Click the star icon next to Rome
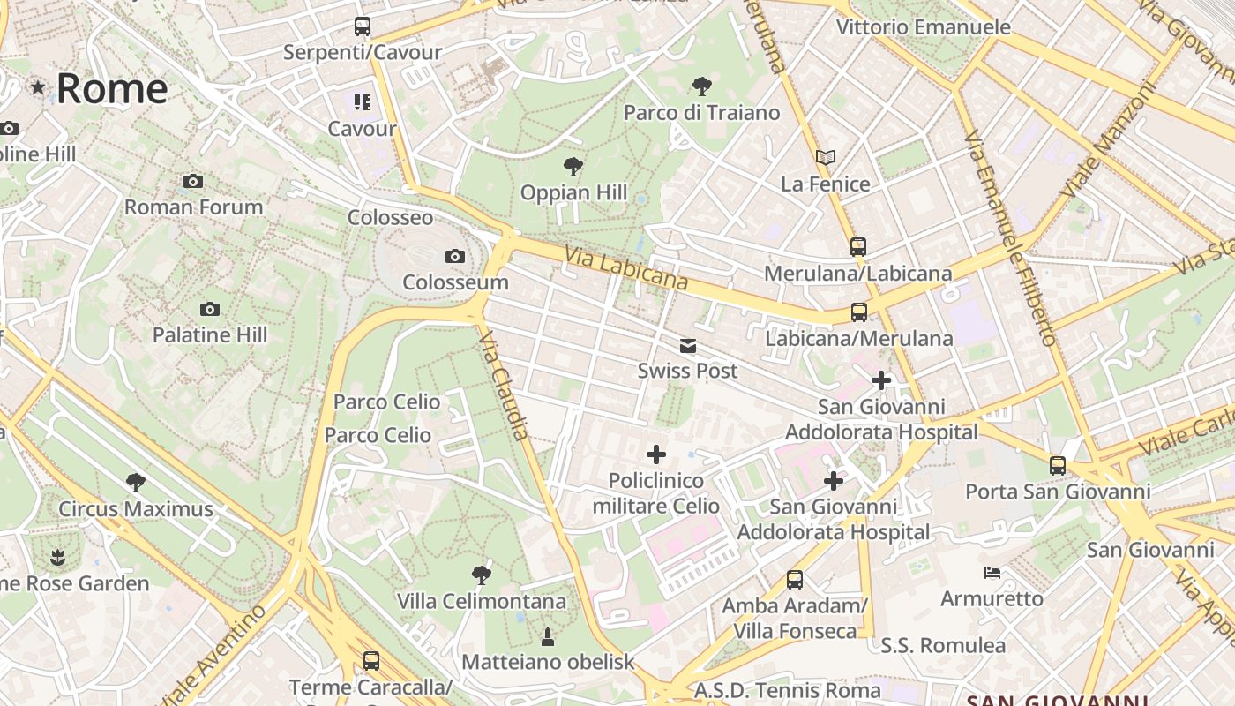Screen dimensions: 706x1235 (38, 87)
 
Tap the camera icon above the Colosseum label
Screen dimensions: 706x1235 (455, 257)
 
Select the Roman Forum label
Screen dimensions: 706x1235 (193, 207)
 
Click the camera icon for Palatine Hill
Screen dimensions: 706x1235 (209, 309)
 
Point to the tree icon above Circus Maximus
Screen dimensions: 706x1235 (136, 483)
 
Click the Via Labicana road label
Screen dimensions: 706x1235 (625, 267)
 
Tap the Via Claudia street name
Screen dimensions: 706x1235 (505, 386)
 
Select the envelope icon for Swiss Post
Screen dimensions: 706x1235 (688, 346)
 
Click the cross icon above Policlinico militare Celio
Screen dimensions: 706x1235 (656, 454)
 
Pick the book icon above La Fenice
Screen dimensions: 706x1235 (826, 158)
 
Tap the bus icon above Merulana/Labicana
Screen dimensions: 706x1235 (858, 247)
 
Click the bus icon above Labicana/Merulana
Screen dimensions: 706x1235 (859, 312)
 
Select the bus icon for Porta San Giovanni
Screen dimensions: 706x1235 (1058, 465)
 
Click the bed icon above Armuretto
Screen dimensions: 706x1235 (992, 573)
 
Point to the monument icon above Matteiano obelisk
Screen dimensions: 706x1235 (548, 636)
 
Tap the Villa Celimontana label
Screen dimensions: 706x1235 (482, 601)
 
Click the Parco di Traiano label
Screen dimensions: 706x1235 (701, 113)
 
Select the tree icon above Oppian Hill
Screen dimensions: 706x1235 (573, 166)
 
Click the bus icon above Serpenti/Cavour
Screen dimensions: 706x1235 (363, 26)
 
